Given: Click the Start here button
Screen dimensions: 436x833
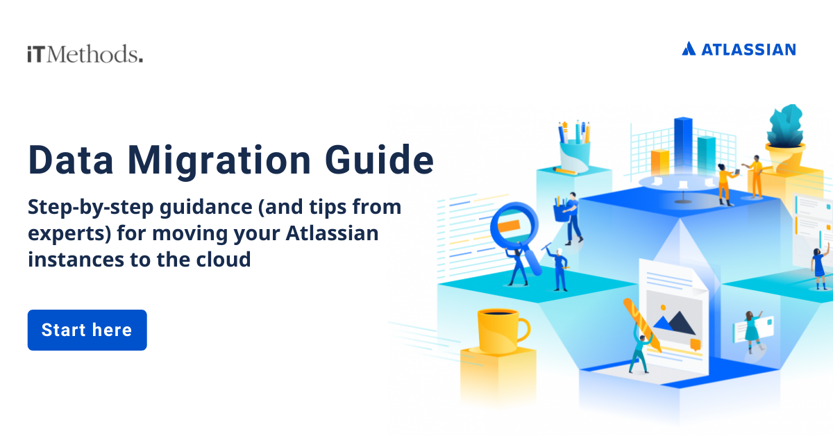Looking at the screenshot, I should [x=87, y=330].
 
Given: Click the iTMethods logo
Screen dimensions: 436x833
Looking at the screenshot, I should [x=85, y=54].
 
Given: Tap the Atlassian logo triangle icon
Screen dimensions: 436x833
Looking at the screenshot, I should [x=689, y=49].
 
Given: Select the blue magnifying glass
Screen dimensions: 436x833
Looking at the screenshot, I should [x=516, y=229].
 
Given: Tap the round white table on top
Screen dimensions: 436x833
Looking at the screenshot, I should [x=676, y=182].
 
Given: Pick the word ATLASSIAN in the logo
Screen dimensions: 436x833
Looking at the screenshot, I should [x=748, y=49].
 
